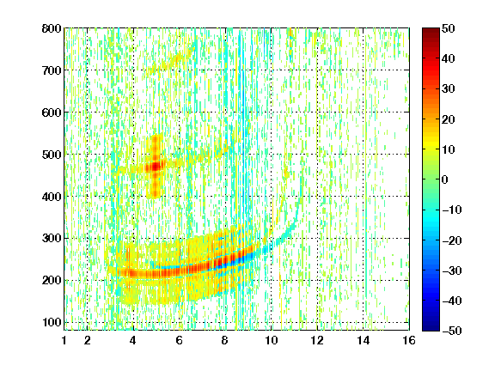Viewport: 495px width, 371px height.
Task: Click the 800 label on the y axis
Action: tap(52, 28)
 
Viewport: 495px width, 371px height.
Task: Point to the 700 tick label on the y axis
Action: tap(52, 70)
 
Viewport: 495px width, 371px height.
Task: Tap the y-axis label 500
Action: tap(52, 155)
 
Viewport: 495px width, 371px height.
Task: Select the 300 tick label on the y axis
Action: tap(52, 238)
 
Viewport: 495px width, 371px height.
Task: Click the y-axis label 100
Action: tap(52, 322)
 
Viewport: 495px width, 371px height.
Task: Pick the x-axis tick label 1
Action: tap(64, 340)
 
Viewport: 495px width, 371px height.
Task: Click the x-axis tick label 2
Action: tap(88, 340)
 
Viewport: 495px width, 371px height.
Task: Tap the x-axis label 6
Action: tap(179, 340)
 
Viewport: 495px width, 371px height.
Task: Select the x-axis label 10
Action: tap(271, 340)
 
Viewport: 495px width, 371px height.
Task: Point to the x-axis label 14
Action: tap(363, 340)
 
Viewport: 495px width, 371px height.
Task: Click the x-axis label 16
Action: tap(409, 340)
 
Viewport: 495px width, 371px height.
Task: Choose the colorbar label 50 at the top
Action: tap(448, 28)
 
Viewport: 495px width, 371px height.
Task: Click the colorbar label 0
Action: tap(445, 179)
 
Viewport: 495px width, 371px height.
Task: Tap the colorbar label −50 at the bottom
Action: tap(451, 331)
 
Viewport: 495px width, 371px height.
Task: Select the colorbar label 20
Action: tap(448, 119)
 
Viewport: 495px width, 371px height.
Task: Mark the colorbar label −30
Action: tap(451, 271)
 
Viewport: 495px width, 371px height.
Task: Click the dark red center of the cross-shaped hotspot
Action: tap(156, 167)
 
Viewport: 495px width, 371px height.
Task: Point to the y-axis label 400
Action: tap(52, 197)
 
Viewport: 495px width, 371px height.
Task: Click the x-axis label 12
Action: tap(317, 340)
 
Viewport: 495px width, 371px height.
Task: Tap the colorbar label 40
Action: tap(448, 58)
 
